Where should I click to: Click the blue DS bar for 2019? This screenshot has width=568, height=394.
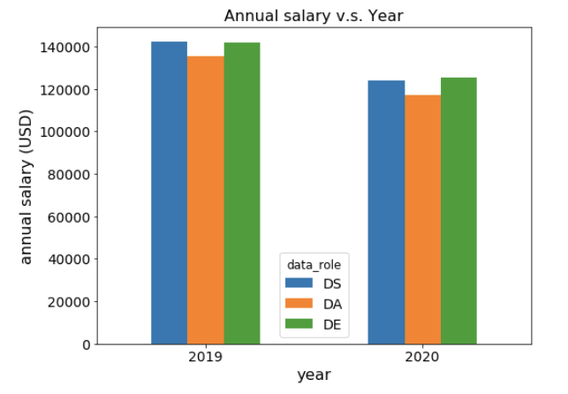[x=170, y=193]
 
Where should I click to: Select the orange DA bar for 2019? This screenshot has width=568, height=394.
[x=206, y=200]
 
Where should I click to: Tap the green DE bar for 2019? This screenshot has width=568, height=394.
[x=242, y=193]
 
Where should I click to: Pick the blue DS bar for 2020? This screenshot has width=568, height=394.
[x=386, y=212]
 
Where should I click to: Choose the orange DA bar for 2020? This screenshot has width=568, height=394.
[x=423, y=219]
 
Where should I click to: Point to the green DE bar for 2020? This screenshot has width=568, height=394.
[x=458, y=211]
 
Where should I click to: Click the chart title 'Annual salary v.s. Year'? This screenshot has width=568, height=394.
[x=314, y=16]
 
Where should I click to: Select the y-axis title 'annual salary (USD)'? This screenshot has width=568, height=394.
[x=27, y=187]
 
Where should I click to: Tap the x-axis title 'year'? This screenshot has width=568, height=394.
[x=314, y=375]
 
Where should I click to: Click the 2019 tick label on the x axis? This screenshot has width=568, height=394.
[x=206, y=357]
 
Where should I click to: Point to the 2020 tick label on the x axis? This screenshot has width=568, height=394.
[x=422, y=357]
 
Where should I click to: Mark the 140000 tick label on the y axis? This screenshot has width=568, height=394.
[x=64, y=48]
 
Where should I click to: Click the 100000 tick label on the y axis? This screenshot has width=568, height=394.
[x=64, y=133]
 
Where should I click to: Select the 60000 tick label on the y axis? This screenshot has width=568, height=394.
[x=69, y=217]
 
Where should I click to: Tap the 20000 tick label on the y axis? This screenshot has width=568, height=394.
[x=69, y=302]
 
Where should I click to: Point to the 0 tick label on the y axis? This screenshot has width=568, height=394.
[x=87, y=345]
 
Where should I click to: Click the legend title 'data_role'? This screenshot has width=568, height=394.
[x=314, y=265]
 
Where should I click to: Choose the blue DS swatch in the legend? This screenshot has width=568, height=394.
[x=299, y=283]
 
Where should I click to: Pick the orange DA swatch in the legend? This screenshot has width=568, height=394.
[x=299, y=304]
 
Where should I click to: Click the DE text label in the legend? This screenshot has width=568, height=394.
[x=332, y=325]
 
